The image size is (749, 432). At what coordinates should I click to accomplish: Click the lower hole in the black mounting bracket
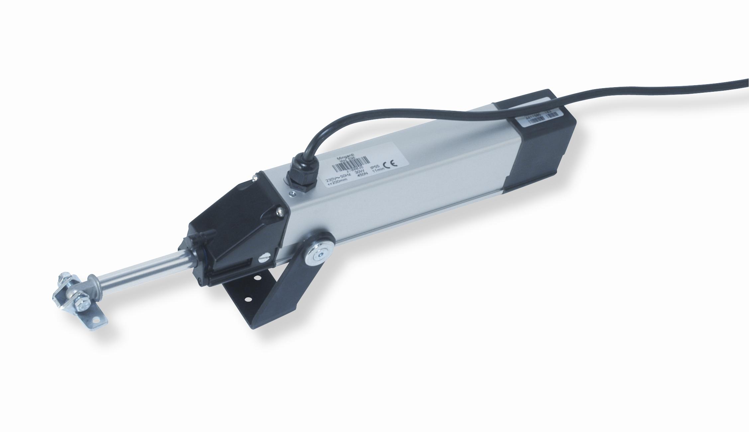(x=248, y=300)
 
